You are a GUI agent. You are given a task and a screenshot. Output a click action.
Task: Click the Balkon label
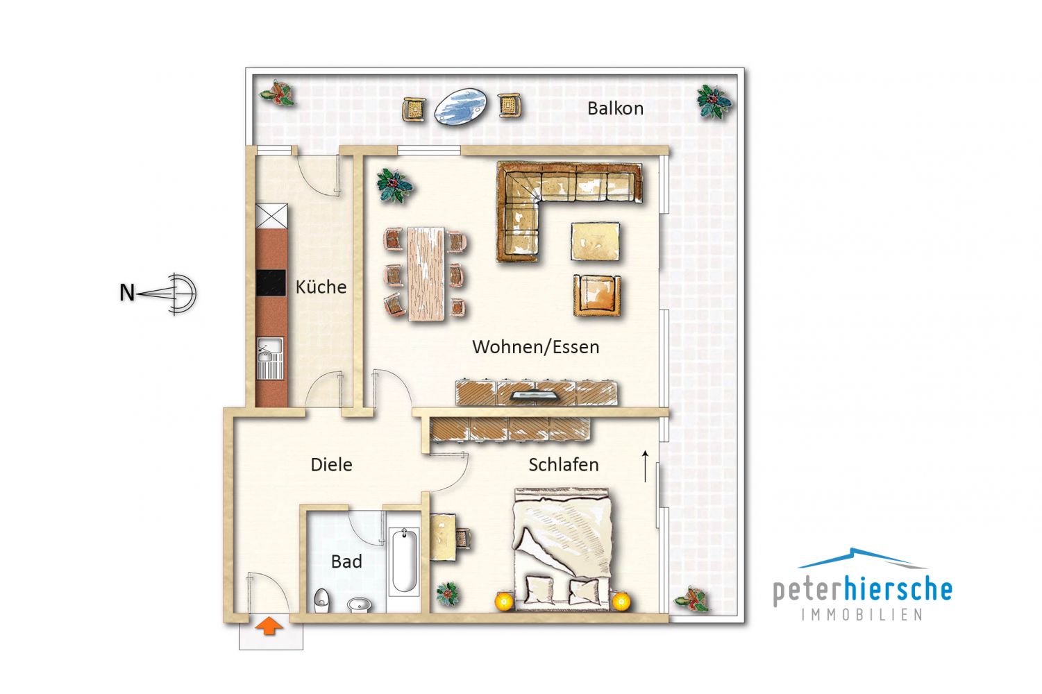click(x=615, y=108)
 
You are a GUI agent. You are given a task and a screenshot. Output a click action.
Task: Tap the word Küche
click(x=321, y=287)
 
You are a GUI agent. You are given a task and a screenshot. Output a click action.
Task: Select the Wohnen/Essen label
click(x=535, y=347)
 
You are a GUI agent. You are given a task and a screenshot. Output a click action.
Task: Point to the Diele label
click(x=331, y=465)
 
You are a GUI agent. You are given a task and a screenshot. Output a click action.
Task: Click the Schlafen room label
click(x=563, y=465)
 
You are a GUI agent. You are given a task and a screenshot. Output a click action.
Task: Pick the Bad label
click(x=346, y=561)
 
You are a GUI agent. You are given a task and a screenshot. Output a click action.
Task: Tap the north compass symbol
click(x=159, y=294)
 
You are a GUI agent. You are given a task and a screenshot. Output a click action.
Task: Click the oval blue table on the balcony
click(x=461, y=105)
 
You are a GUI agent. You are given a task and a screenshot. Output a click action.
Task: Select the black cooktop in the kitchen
click(x=271, y=283)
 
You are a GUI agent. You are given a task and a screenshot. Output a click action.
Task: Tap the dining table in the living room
click(x=426, y=273)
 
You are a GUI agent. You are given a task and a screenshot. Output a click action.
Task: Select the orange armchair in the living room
click(x=597, y=295)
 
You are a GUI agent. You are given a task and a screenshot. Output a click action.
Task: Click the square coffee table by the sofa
click(x=596, y=242)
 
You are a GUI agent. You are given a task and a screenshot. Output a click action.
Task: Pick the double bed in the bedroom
click(x=562, y=550)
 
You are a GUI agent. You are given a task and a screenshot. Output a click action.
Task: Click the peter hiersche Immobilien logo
click(x=862, y=584)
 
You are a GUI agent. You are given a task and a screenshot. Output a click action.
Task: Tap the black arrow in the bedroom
click(x=645, y=466)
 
